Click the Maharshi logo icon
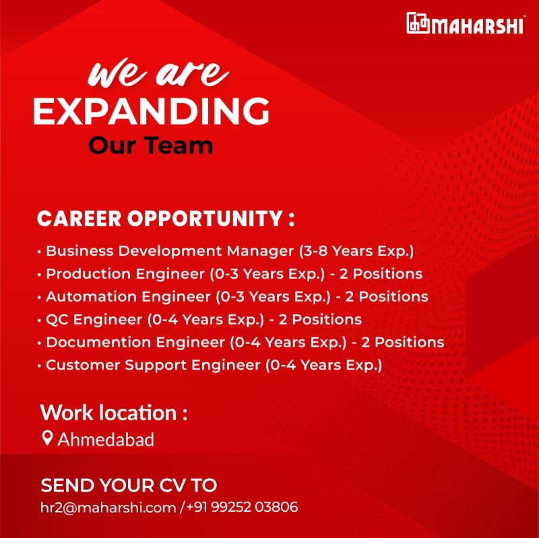(418, 24)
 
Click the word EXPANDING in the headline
(151, 111)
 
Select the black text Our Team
(150, 145)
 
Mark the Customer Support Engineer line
(213, 366)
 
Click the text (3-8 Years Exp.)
(356, 252)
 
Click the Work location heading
(113, 412)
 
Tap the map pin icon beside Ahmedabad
(47, 439)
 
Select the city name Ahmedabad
(106, 440)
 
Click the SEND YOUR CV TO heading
(129, 485)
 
